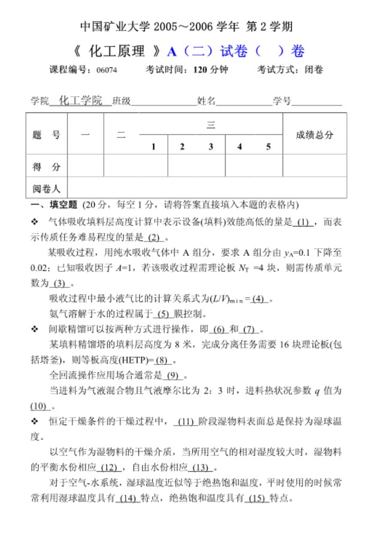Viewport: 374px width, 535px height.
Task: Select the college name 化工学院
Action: coord(81,101)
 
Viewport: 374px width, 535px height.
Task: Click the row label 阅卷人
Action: coord(46,189)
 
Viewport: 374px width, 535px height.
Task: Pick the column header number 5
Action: coord(269,146)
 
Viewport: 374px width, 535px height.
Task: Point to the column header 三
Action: coord(211,125)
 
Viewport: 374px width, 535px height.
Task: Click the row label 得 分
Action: coord(46,166)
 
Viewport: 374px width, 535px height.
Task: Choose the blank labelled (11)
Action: coord(186,421)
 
